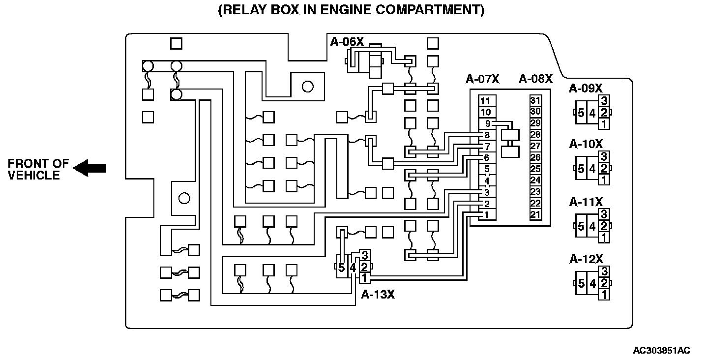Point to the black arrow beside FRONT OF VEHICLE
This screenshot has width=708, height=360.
89,168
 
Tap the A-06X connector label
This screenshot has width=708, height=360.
347,42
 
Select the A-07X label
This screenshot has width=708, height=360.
482,79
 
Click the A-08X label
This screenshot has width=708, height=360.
536,79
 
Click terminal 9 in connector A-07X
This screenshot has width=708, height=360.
487,123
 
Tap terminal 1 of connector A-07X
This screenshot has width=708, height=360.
486,215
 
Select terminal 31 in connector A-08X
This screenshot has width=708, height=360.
535,100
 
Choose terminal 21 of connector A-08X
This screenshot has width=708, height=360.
535,215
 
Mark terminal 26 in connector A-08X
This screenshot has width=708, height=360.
535,158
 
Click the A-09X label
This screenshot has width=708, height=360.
586,89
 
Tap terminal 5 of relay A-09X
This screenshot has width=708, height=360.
581,113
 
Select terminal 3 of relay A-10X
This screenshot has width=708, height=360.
604,157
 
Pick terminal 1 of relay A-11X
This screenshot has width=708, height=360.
604,238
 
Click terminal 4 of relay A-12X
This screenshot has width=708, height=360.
592,283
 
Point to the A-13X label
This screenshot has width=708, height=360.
378,294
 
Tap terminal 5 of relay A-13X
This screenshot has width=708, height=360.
342,268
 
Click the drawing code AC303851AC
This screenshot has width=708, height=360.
661,351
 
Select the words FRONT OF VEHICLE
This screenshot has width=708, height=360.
38,169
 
